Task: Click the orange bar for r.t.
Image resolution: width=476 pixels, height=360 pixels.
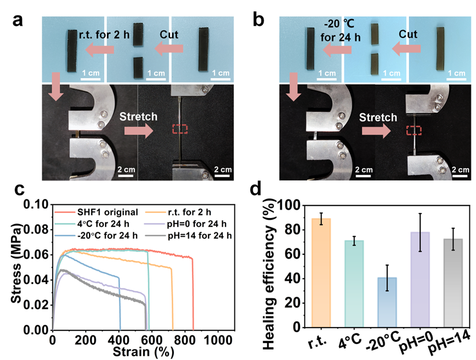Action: tap(321, 273)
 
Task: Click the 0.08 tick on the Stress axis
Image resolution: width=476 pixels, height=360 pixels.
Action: tap(37, 230)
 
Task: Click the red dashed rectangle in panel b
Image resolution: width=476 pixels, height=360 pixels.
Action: tap(414, 130)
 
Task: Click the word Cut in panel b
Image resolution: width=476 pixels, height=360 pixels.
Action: tap(409, 35)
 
